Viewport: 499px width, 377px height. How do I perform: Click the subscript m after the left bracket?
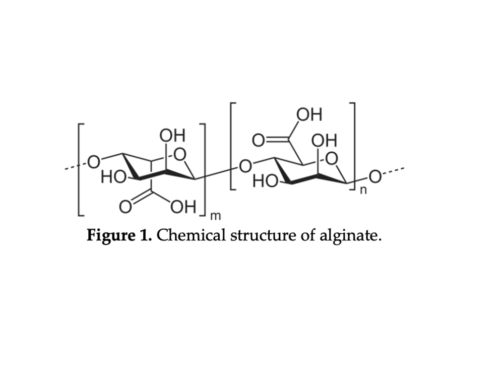click(x=215, y=216)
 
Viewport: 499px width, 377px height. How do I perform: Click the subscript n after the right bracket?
click(x=363, y=191)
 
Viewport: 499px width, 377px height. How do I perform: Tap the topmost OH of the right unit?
click(x=309, y=114)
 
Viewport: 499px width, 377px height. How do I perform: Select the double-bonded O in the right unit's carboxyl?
click(x=258, y=140)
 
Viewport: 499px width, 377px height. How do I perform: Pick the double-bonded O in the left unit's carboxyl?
click(x=125, y=207)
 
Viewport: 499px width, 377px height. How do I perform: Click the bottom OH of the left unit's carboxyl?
click(x=183, y=207)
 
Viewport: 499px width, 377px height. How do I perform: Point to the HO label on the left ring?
click(x=113, y=177)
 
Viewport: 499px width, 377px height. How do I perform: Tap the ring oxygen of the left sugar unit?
click(x=180, y=155)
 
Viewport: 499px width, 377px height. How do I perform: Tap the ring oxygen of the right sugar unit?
click(x=332, y=159)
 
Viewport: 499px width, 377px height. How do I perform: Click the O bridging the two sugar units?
click(x=245, y=166)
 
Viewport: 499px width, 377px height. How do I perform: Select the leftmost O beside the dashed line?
click(x=94, y=162)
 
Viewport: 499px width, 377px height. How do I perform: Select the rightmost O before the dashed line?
click(x=375, y=177)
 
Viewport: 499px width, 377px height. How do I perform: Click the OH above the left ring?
click(x=172, y=136)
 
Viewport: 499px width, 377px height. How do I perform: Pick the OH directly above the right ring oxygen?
click(x=324, y=140)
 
